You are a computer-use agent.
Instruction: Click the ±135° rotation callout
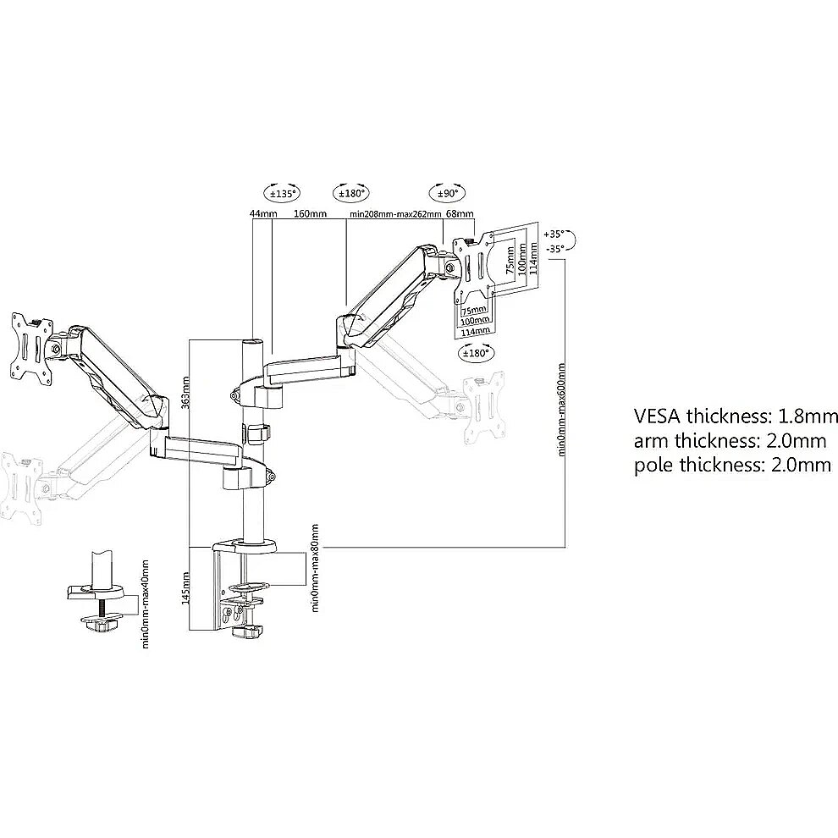282,193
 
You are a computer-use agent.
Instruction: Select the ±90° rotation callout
448,193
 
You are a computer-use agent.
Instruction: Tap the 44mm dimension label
263,214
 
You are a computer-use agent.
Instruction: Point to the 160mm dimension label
311,214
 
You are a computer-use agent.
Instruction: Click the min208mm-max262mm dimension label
395,214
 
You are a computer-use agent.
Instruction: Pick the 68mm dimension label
460,214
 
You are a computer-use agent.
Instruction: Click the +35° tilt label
554,234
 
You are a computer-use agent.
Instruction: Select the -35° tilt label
555,249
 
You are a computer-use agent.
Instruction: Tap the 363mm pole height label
185,393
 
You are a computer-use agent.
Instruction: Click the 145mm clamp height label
185,588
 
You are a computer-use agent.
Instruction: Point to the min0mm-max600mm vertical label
561,410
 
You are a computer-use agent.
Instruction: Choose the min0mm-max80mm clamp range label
315,568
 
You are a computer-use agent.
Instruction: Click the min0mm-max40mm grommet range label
145,604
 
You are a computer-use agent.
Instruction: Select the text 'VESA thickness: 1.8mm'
736,416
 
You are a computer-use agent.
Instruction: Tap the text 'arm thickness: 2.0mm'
730,441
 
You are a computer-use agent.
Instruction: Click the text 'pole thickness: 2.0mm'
733,465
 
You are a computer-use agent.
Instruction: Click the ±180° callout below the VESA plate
477,353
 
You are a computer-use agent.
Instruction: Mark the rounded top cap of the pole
253,343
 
